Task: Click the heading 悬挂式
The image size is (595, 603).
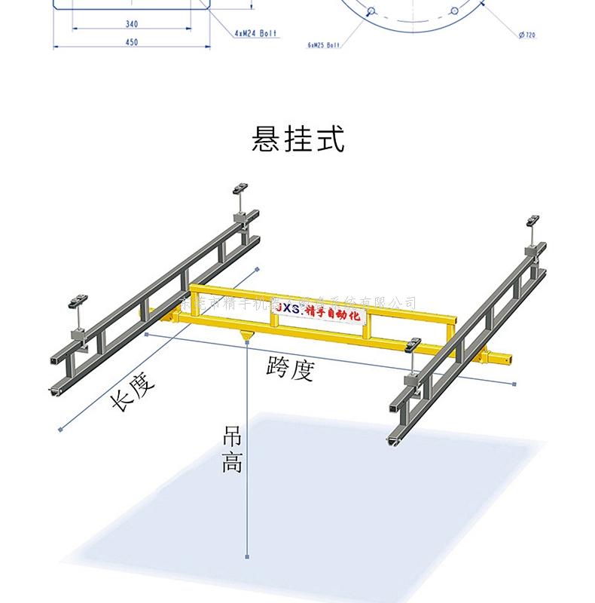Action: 297,140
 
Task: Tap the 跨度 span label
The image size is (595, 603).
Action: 289,369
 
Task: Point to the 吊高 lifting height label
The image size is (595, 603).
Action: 232,450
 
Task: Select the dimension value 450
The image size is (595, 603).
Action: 131,42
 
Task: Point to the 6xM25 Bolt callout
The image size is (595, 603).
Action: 325,45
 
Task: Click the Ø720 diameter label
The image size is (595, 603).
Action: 526,35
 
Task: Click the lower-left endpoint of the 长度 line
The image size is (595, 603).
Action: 59,430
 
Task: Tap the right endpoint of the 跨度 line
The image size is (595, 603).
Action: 516,384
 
